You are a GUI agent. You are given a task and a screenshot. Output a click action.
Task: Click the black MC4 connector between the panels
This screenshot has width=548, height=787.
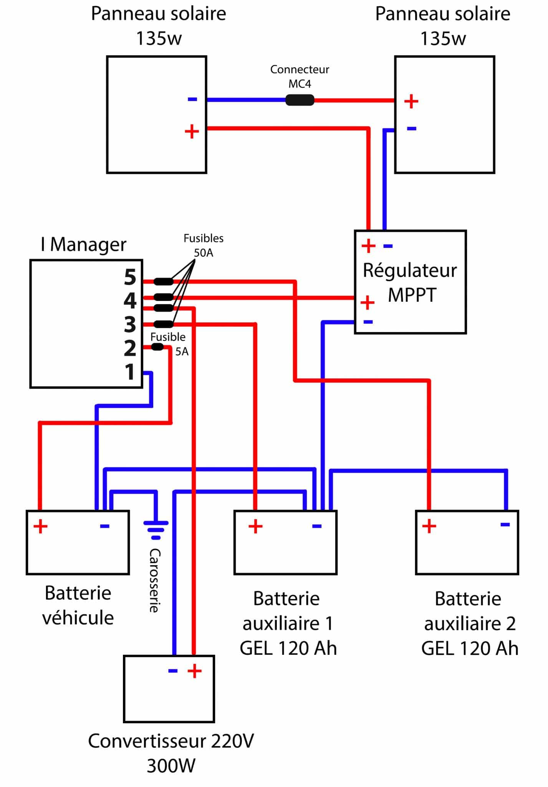click(300, 100)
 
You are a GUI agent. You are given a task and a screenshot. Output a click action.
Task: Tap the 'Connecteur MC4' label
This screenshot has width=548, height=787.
click(300, 76)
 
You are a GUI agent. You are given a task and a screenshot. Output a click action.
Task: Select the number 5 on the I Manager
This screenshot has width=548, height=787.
click(130, 277)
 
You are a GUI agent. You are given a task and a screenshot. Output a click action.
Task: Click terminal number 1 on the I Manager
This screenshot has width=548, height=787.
click(130, 372)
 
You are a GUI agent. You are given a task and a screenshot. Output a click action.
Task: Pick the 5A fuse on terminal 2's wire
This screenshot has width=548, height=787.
click(157, 347)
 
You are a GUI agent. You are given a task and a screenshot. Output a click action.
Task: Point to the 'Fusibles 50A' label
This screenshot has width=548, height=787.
click(203, 245)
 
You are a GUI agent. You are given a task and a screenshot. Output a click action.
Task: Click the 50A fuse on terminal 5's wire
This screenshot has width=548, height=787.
click(163, 282)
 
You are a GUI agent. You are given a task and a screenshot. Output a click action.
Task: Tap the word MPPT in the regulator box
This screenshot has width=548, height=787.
click(412, 295)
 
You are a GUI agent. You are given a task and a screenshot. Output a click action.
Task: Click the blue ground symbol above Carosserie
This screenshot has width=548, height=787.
click(156, 526)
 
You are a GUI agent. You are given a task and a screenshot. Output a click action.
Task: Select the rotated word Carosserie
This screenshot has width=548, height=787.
click(154, 580)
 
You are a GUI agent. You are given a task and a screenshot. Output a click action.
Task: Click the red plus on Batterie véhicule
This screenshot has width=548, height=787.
click(40, 526)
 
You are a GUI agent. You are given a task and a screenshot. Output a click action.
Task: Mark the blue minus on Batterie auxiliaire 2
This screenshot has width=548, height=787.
click(505, 525)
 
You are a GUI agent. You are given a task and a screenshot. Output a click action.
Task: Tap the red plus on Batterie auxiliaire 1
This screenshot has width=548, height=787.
click(255, 526)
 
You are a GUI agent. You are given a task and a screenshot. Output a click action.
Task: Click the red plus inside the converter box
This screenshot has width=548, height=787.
click(195, 671)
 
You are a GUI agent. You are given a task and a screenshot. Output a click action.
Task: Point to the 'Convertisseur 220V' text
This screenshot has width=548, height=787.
click(171, 741)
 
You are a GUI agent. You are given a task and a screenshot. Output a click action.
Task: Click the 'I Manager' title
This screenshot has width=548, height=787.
click(83, 244)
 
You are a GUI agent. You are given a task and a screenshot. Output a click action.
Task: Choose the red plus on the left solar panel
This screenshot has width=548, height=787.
click(192, 132)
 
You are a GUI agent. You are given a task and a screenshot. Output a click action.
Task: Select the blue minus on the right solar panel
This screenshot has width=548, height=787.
click(411, 129)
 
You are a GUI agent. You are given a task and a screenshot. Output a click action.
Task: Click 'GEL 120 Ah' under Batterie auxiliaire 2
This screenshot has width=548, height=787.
click(470, 648)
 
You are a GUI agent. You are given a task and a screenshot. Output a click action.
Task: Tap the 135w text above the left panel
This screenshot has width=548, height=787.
click(159, 38)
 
